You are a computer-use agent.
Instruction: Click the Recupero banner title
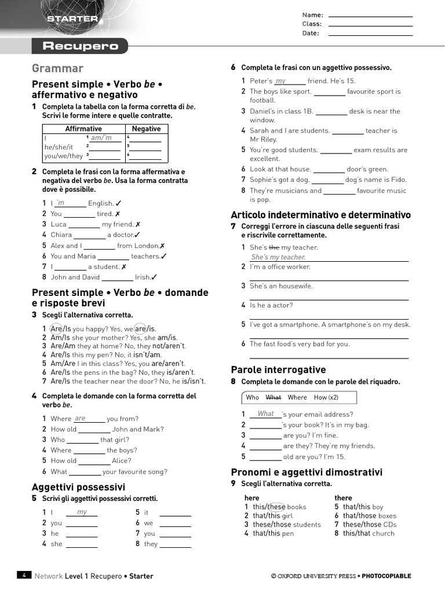80,46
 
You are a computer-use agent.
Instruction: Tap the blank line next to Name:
370,16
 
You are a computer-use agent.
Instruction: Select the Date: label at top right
311,34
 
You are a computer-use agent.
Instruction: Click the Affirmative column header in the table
83,129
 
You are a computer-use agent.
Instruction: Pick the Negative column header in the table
146,129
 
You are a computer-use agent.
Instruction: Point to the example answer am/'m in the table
101,138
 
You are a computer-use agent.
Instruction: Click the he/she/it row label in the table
59,147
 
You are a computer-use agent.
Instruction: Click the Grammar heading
57,68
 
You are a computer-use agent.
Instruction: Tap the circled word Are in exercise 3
56,329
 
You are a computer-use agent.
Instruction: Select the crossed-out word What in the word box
273,397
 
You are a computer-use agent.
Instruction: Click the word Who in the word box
253,397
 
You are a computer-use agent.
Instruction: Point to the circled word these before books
276,507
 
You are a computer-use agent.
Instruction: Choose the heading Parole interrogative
278,369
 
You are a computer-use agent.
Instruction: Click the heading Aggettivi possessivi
78,487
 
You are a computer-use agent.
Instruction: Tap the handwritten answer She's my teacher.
278,257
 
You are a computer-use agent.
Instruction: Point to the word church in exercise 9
383,533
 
